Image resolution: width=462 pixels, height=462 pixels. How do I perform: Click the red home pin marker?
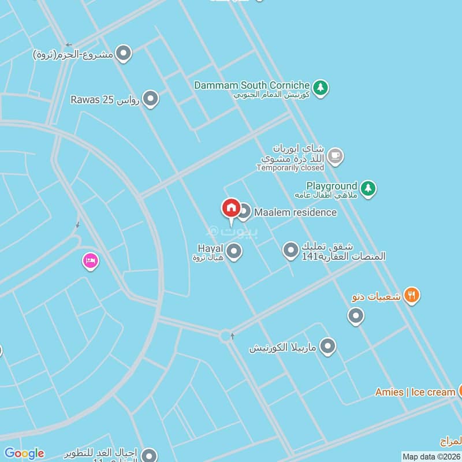(231, 208)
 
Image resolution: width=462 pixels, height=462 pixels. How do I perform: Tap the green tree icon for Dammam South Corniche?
(321, 88)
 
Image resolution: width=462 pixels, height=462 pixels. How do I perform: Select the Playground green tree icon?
(368, 188)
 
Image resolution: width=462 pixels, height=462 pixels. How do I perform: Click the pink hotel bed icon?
(90, 262)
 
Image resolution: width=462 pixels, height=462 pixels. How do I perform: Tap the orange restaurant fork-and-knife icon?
(411, 296)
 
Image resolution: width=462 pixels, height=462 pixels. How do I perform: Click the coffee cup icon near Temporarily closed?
(335, 156)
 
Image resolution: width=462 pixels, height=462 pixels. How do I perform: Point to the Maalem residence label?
(295, 213)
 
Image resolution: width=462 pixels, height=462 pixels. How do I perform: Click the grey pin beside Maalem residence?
(244, 212)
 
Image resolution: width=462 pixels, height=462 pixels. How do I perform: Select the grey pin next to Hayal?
(234, 251)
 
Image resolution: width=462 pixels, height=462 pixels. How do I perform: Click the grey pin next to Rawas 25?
(151, 99)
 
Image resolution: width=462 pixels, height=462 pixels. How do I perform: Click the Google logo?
(24, 453)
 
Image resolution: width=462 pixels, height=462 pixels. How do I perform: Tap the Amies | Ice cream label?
(415, 392)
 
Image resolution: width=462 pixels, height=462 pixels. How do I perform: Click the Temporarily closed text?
(290, 168)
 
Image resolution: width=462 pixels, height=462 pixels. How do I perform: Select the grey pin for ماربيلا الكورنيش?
(327, 346)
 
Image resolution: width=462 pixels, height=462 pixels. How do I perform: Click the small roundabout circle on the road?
(225, 335)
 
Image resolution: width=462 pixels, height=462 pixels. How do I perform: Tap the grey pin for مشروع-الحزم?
(124, 54)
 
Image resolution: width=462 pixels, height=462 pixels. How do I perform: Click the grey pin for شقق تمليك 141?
(290, 251)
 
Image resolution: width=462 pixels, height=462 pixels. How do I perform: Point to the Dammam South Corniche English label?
(252, 85)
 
